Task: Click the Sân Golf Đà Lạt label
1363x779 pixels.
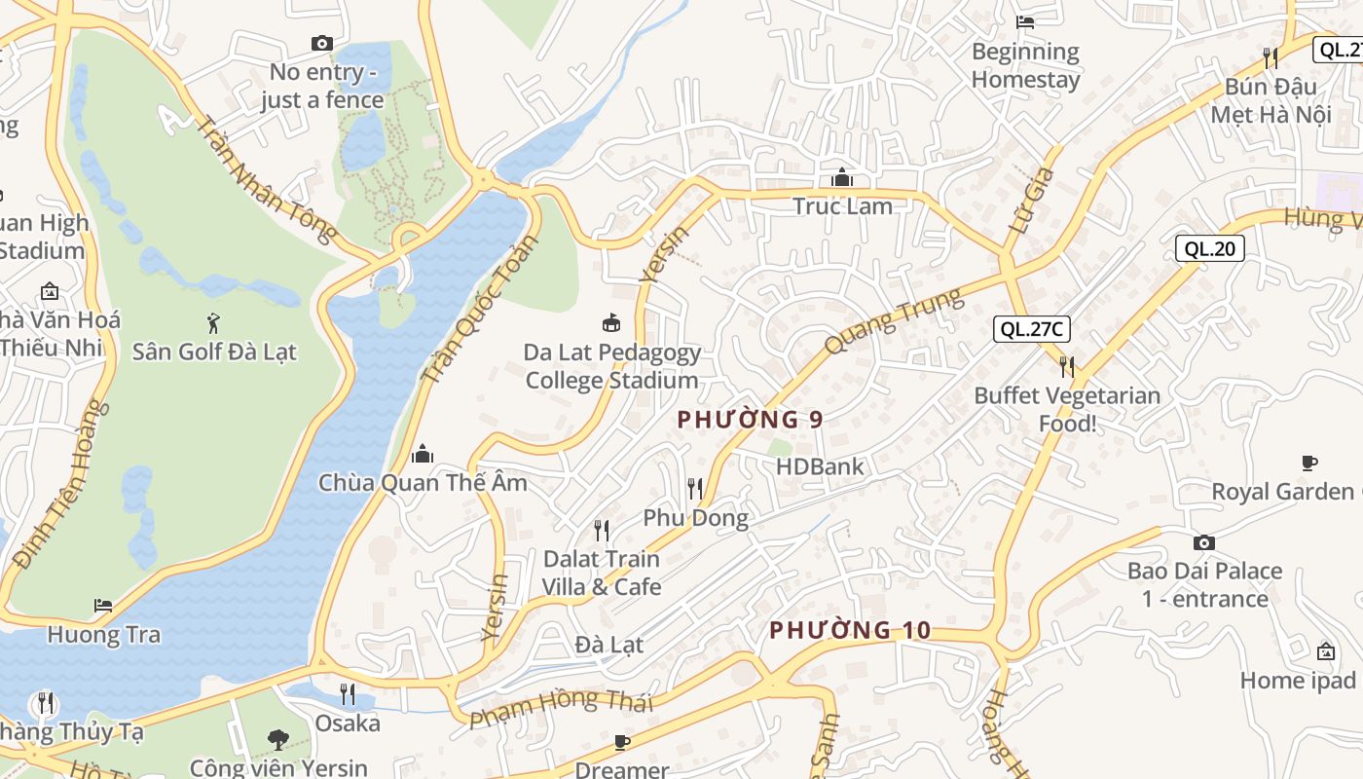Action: pos(214,352)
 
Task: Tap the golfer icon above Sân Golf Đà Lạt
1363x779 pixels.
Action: pos(213,322)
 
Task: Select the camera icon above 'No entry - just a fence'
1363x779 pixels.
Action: pos(321,43)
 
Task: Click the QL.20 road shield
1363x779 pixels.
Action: pos(1209,248)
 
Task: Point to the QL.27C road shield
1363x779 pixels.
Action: pos(1032,329)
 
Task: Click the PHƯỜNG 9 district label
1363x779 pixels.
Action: pos(750,420)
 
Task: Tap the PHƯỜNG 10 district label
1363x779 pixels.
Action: pos(850,630)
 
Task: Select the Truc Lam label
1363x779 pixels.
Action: pos(842,206)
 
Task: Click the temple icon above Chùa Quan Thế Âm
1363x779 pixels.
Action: pos(423,454)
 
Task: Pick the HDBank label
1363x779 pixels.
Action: pos(820,466)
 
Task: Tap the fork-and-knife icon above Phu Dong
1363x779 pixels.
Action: pos(695,488)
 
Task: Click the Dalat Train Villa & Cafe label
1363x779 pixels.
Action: pos(602,573)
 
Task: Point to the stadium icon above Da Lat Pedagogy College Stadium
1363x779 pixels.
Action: pos(611,322)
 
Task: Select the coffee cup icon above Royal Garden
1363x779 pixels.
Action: pos(1309,463)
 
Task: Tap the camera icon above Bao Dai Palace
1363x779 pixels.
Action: pos(1204,542)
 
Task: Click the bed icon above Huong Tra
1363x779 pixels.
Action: pos(103,606)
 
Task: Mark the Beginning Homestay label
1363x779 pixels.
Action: pos(1025,65)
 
